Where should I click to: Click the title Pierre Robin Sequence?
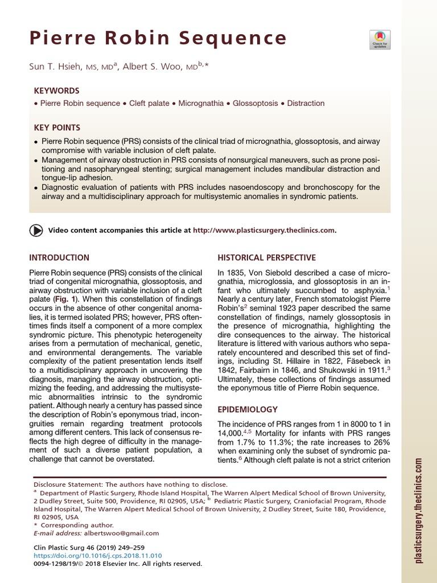(159, 39)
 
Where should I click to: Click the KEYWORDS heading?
(56, 91)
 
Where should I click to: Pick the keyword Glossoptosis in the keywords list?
(250, 104)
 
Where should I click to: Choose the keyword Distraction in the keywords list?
(306, 104)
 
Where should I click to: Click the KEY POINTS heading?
(57, 128)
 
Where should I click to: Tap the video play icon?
(35, 231)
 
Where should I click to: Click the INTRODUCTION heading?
(59, 258)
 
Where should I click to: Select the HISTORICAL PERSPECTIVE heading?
(267, 258)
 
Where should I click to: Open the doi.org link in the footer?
(98, 556)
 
